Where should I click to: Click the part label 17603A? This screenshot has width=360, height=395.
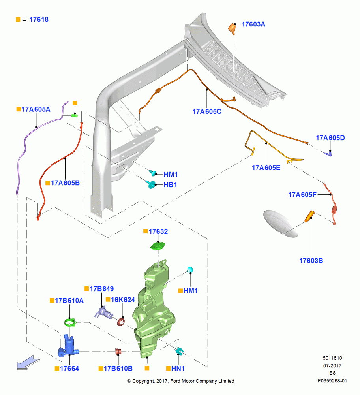[253, 24]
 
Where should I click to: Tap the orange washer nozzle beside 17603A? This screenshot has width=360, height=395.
[232, 28]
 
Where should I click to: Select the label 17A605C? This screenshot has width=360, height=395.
[207, 111]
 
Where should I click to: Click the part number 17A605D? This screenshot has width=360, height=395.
[330, 138]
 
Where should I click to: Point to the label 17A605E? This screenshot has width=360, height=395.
[266, 168]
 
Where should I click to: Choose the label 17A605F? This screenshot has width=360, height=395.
[302, 194]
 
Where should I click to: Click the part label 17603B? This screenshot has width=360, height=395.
[311, 260]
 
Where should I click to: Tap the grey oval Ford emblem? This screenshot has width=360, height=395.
[280, 224]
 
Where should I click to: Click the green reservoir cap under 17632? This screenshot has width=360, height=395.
[158, 246]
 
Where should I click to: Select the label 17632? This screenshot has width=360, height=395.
[158, 231]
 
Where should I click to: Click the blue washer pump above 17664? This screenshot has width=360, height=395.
[68, 345]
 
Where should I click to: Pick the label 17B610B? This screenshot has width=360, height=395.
[118, 368]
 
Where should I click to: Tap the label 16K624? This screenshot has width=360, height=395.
[123, 300]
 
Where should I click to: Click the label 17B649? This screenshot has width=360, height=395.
[102, 289]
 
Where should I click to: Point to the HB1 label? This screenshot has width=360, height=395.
[171, 185]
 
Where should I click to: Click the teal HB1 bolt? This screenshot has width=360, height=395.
[151, 184]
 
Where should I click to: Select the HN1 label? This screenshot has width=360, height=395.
[178, 368]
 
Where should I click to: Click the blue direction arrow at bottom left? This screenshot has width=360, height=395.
[28, 363]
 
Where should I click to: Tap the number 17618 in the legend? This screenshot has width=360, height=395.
[39, 19]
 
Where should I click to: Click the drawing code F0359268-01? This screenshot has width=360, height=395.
[332, 381]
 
